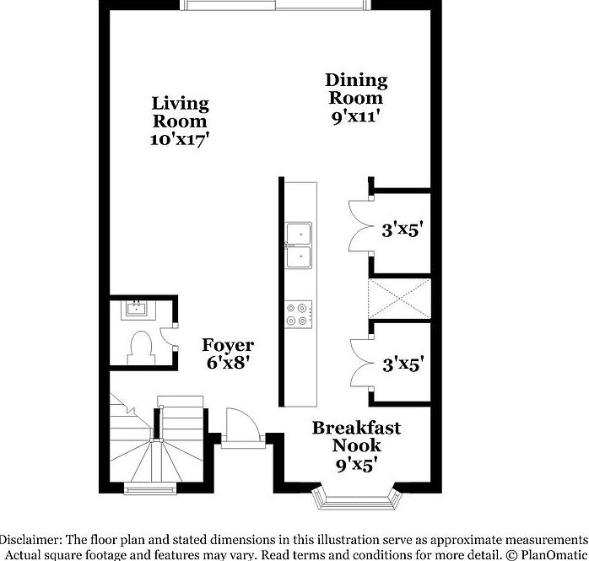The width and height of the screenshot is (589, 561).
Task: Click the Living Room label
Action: click(180, 112)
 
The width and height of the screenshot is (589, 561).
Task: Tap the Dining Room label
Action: click(356, 89)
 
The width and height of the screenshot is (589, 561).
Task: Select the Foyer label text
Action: click(228, 346)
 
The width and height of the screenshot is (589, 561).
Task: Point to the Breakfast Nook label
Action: click(356, 436)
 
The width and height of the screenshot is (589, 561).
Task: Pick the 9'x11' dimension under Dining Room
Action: click(356, 117)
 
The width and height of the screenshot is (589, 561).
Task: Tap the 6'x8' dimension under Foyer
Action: click(228, 364)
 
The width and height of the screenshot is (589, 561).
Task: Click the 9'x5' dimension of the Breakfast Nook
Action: click(356, 463)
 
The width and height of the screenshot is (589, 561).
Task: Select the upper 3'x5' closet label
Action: click(402, 229)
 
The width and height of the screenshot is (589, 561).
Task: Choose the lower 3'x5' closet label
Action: click(402, 364)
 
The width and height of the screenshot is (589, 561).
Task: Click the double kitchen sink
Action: click(298, 244)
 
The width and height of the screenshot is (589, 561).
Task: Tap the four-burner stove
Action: click(299, 314)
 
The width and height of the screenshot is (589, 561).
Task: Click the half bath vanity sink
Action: click(135, 308)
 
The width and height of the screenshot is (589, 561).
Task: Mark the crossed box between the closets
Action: click(399, 299)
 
